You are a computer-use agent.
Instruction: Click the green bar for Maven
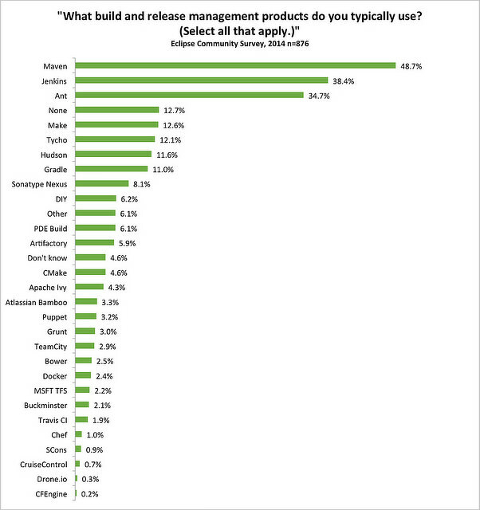[x=235, y=65]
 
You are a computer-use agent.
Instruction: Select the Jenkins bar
[x=202, y=80]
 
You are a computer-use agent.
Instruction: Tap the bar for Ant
[x=189, y=95]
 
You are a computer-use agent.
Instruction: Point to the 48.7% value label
[x=411, y=65]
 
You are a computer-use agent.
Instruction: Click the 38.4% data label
[x=344, y=80]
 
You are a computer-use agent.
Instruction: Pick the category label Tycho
[x=56, y=139]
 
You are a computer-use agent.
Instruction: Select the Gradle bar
[x=112, y=169]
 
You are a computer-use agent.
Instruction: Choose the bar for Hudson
[x=113, y=154]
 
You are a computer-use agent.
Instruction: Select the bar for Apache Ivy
[x=89, y=287]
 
